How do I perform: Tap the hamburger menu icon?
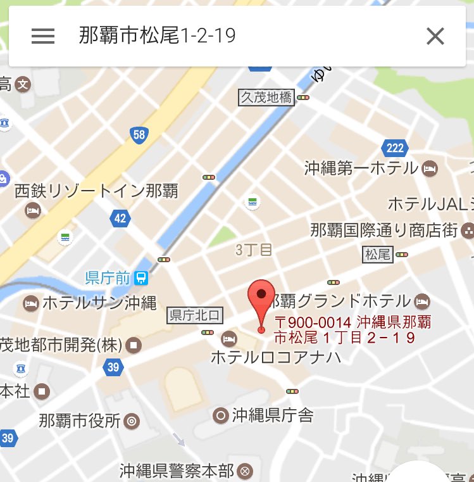43,36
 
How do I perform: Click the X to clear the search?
435,36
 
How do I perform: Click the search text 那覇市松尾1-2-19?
158,35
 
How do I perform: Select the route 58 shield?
139,134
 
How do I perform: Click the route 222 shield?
394,148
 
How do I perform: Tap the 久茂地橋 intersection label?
266,98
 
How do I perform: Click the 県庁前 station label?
108,277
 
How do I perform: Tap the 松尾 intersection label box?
378,255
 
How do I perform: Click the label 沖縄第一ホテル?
361,168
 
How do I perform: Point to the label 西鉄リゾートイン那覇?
96,190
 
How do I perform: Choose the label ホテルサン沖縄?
99,303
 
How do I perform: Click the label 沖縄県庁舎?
272,415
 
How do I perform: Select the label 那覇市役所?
79,421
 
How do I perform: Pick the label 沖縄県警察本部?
178,471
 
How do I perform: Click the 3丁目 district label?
254,250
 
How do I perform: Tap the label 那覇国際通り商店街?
384,229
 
